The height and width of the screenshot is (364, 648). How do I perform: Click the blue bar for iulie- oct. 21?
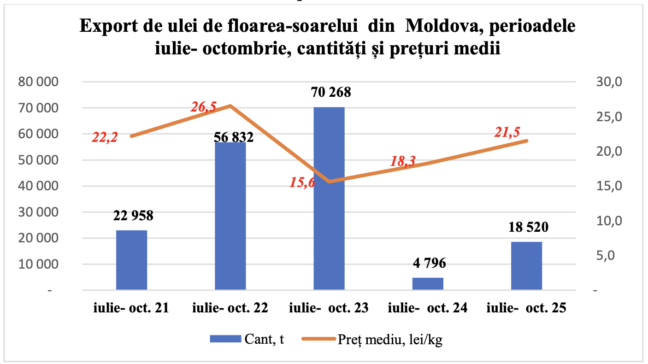131,260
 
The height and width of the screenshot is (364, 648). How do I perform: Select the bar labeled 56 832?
230,216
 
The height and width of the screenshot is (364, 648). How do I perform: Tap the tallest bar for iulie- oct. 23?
329,198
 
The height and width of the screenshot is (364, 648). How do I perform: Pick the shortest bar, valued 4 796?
428,284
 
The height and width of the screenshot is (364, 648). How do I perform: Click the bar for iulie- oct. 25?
526,266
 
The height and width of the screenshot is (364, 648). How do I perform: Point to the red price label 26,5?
204,107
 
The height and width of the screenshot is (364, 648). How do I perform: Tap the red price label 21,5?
507,132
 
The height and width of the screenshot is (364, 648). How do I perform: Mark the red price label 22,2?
105,137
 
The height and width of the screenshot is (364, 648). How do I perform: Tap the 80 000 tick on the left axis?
38,82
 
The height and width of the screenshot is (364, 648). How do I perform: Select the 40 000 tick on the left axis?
38,186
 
